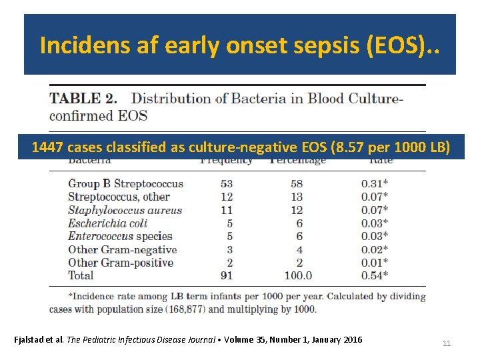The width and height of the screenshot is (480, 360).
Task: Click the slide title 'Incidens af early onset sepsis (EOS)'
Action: (x=239, y=45)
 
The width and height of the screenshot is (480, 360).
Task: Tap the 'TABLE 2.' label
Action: (x=84, y=99)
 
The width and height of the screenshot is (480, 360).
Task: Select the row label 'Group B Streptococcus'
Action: (x=125, y=183)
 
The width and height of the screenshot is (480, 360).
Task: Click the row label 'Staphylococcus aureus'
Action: (x=125, y=210)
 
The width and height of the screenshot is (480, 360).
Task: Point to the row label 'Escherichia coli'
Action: (x=107, y=223)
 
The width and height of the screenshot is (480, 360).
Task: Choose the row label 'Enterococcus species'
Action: (x=120, y=236)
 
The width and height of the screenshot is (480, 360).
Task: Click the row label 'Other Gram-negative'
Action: (x=122, y=249)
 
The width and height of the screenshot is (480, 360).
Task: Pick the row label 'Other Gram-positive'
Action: (x=121, y=263)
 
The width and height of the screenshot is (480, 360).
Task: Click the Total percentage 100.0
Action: (x=297, y=275)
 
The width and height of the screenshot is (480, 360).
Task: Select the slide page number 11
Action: (x=447, y=343)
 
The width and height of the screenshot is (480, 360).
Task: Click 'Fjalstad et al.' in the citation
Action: (x=39, y=340)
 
